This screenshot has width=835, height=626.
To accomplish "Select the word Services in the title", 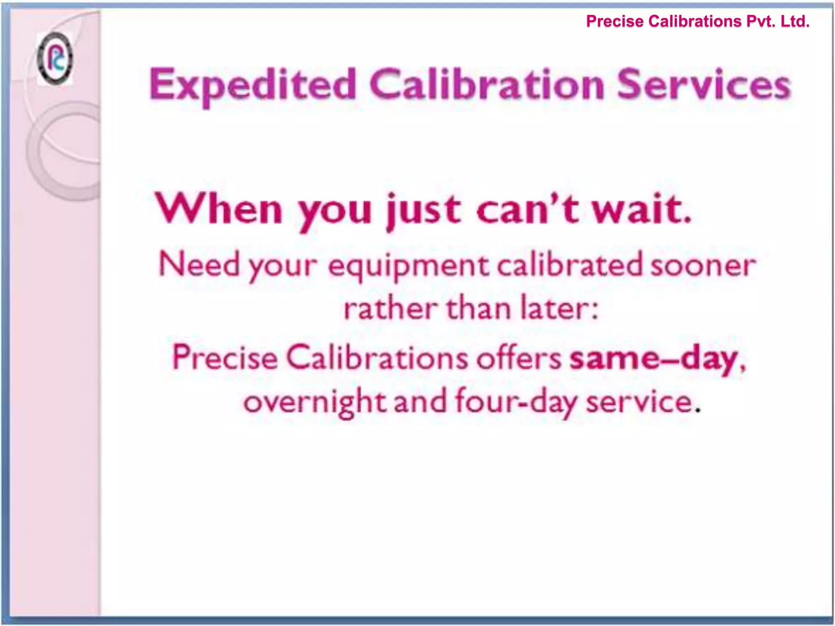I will pyautogui.click(x=704, y=85).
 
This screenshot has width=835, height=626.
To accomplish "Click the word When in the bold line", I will pyautogui.click(x=219, y=209).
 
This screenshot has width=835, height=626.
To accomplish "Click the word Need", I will pyautogui.click(x=199, y=265).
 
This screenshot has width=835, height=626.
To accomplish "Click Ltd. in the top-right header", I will pyautogui.click(x=795, y=21).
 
